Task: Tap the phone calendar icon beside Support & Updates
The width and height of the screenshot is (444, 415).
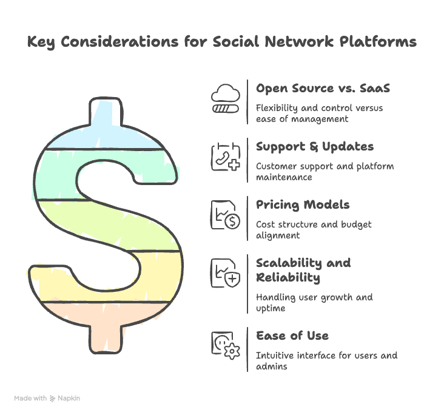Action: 226,157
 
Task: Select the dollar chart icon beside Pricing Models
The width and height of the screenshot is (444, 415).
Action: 226,215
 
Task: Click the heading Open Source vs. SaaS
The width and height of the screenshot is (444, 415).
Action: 323,89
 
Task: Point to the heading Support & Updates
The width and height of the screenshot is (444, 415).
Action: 315,147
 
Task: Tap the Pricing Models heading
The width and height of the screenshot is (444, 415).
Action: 303,205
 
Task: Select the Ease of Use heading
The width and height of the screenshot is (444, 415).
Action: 292,336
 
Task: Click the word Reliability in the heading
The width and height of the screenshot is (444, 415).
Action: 288,278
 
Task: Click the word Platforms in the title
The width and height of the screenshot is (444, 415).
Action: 378,42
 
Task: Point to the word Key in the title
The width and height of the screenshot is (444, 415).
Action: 41,42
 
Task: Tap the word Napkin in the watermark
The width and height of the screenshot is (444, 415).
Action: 69,398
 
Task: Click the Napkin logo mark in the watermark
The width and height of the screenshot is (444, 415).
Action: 52,399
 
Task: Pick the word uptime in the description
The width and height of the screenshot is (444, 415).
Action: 271,309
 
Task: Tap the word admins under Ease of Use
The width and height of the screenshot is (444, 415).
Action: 272,366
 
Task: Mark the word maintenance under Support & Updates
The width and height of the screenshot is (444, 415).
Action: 284,177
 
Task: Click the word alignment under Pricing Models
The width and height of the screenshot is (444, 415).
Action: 278,236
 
